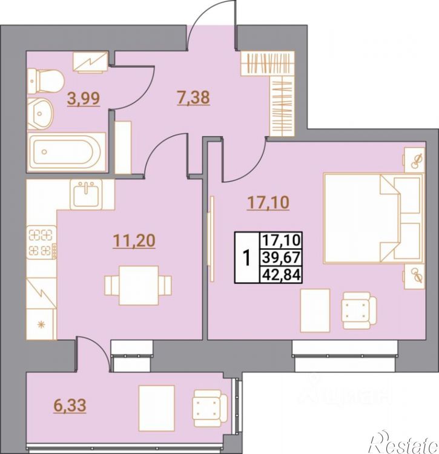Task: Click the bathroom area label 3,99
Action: (84, 98)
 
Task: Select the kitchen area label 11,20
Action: (134, 240)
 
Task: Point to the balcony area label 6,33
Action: (70, 405)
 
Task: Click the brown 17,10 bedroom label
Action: (268, 202)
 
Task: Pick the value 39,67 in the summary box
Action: (281, 257)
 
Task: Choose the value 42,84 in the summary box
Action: (281, 274)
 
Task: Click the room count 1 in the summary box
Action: (247, 258)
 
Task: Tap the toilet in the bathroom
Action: (46, 81)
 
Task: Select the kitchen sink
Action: (86, 194)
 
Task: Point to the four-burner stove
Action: (42, 242)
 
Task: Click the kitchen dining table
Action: (139, 285)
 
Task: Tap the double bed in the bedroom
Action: (374, 219)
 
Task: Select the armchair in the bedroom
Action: (359, 311)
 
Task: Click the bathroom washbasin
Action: (41, 114)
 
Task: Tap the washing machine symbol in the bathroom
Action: (90, 62)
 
